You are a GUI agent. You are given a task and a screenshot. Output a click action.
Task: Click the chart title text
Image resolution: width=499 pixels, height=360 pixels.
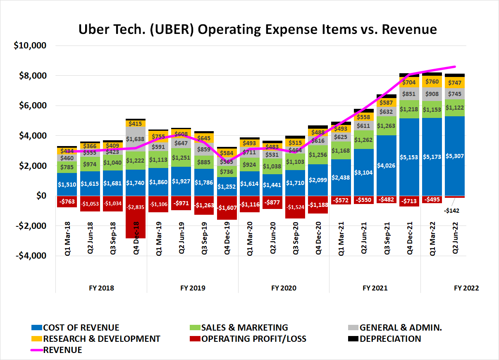pos(257,29)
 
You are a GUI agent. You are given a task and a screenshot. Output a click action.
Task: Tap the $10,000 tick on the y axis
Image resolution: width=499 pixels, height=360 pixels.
pos(30,46)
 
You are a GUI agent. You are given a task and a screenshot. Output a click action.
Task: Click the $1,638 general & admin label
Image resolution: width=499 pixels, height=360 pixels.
pos(136,139)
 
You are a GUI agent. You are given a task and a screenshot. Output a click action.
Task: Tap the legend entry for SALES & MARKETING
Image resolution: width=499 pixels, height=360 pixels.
pos(244,328)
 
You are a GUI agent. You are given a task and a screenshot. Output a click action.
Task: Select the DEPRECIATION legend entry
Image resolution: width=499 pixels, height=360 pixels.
pos(390,339)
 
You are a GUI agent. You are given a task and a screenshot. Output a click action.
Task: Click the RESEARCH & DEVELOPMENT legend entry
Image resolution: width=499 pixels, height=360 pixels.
pos(101,339)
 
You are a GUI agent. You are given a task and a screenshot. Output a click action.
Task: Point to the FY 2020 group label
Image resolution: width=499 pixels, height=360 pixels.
pos(284,288)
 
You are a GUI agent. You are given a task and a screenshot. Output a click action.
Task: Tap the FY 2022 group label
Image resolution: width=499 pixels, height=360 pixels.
pos(466,288)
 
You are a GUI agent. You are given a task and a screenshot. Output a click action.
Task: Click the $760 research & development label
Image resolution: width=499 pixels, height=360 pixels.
pos(432,82)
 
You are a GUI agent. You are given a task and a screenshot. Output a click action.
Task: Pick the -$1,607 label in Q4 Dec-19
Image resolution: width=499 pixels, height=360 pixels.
pos(227,208)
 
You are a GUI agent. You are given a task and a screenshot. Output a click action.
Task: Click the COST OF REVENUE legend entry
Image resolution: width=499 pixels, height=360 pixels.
pos(81,328)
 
